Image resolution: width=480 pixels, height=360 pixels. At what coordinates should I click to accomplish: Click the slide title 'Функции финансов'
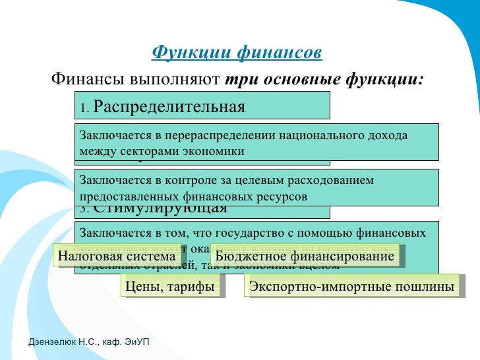click(237, 52)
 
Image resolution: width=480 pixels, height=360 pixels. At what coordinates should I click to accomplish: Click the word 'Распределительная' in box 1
click(169, 107)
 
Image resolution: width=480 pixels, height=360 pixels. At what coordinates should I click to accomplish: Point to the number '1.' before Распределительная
click(85, 108)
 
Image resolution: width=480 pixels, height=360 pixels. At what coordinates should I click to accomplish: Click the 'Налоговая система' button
click(118, 256)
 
